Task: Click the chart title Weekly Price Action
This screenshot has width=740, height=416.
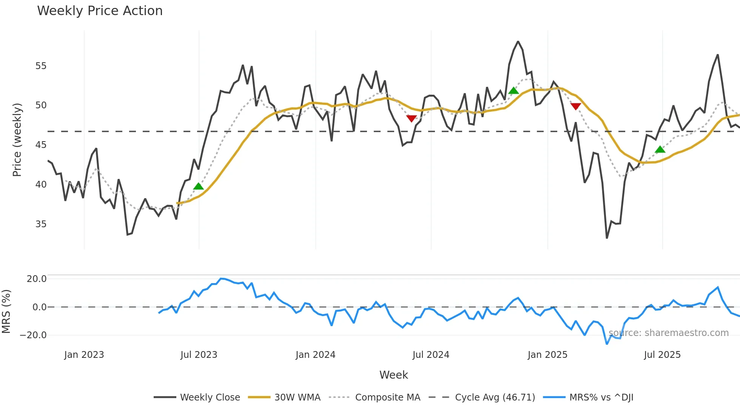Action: tap(100, 11)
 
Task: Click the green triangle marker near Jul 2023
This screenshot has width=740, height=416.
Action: tap(198, 186)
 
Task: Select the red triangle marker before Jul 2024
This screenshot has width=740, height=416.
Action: tap(412, 119)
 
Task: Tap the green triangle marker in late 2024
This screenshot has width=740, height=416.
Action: tap(513, 91)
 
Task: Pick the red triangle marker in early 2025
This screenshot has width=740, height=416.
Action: tap(575, 106)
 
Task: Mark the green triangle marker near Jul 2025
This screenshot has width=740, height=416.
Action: tap(660, 150)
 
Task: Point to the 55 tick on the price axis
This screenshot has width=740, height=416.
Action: tap(41, 66)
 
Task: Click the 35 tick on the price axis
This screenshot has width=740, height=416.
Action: tap(41, 224)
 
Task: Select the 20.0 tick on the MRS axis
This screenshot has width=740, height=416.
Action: tap(37, 279)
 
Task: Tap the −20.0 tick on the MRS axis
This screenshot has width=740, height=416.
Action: tap(33, 335)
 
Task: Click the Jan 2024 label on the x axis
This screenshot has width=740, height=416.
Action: tap(315, 355)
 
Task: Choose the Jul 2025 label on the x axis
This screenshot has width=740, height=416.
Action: tap(662, 355)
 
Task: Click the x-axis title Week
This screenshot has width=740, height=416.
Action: tap(393, 375)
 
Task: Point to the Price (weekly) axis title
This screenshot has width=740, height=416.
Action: tap(17, 140)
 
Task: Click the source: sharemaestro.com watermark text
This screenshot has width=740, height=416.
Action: tap(668, 333)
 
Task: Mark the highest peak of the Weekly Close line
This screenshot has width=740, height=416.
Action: tap(518, 42)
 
